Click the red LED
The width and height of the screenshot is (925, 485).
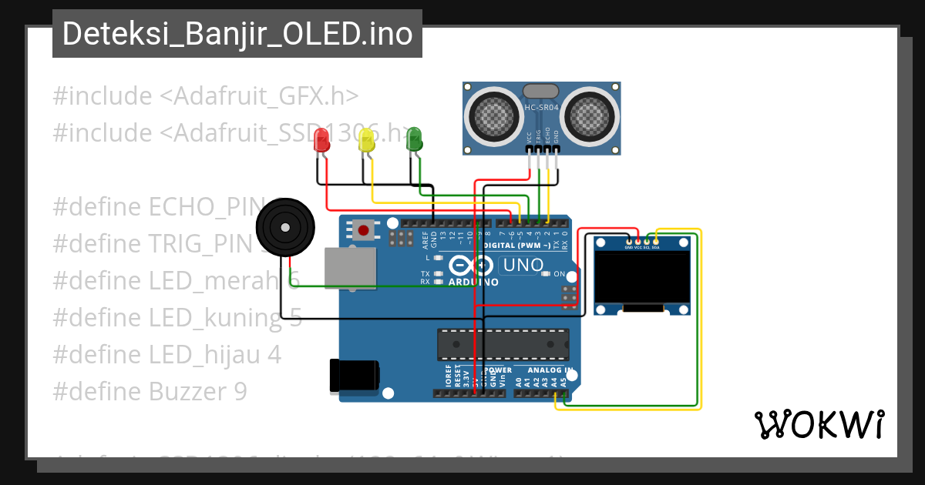322,140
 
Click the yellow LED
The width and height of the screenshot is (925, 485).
368,140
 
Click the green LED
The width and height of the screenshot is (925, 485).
414,139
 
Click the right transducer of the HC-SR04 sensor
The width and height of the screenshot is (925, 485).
590,115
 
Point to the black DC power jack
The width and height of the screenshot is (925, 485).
353,375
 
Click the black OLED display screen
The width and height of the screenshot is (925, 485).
643,277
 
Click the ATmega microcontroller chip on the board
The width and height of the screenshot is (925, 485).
503,344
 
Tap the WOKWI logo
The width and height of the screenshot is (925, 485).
819,424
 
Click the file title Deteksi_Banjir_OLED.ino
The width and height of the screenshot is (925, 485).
237,35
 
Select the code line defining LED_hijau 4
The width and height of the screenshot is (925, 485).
166,355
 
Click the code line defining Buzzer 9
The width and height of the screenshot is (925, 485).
150,392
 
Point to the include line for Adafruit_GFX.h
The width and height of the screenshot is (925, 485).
206,96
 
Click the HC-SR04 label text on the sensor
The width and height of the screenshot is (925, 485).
541,108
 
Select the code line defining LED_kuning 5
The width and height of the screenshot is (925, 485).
177,318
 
